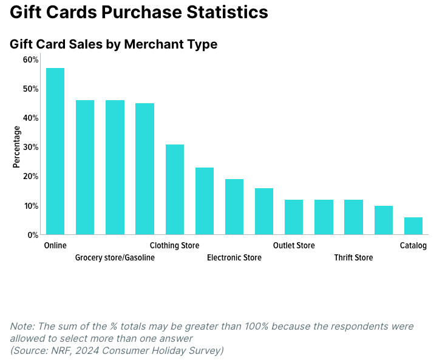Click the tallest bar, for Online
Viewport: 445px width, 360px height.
coord(55,151)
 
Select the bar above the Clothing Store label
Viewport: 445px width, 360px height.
coord(175,189)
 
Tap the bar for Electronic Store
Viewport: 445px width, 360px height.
coord(234,207)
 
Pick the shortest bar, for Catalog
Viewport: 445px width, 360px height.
coord(413,226)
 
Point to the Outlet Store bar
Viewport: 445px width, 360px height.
coord(294,217)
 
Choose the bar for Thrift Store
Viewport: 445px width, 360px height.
coord(353,217)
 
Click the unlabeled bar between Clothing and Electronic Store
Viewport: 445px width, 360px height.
coord(205,201)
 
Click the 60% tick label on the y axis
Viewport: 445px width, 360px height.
coord(31,59)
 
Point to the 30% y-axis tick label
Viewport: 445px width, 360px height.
coord(31,147)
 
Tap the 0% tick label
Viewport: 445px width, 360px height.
coord(33,235)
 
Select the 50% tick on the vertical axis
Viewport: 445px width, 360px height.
coord(31,89)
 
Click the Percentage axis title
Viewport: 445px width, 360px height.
coord(16,147)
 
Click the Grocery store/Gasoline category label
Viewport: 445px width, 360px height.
coord(115,258)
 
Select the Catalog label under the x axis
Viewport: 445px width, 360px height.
coord(413,246)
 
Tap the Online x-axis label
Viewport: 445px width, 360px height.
coord(55,246)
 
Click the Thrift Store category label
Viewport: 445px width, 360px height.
coord(353,258)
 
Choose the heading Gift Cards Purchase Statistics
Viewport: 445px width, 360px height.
coord(139,12)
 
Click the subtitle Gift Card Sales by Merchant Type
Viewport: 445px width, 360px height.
coord(114,44)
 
